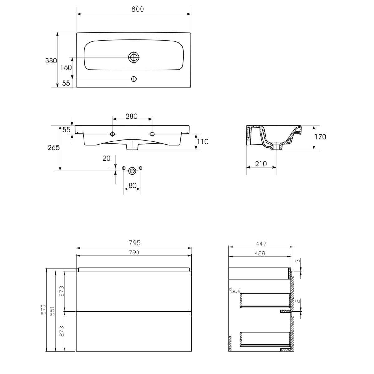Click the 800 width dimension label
pos(138,9)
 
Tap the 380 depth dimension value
pos(51,61)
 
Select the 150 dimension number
pos(66,68)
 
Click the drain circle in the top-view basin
pos(134,57)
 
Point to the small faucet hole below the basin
pos(134,79)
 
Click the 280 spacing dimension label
pos(132,116)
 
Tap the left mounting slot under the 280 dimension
pos(113,134)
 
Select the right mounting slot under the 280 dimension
pos(152,134)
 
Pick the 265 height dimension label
pos(54,148)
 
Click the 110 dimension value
pos(203,142)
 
